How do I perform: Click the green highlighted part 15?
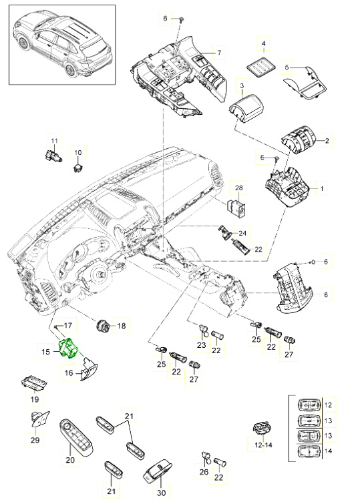point(69,348)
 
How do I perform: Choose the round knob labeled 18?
point(104,325)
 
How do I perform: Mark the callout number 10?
point(77,152)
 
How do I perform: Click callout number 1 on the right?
point(321,189)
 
